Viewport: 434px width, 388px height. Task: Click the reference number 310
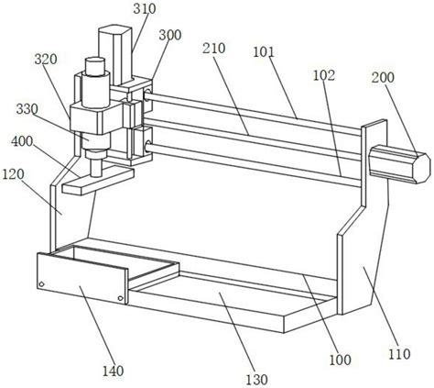[x=145, y=9]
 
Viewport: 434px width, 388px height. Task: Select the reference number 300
[x=170, y=35]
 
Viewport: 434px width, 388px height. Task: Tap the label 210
[x=214, y=49]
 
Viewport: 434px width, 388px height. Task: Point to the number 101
[x=264, y=52]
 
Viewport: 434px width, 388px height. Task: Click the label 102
[x=324, y=75]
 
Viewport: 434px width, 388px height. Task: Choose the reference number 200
[x=383, y=77]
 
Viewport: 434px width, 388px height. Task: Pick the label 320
[x=46, y=60]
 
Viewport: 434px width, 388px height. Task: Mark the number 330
[x=27, y=109]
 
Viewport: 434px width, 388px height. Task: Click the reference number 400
[x=22, y=141]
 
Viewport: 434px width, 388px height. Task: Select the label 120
[x=13, y=174]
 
